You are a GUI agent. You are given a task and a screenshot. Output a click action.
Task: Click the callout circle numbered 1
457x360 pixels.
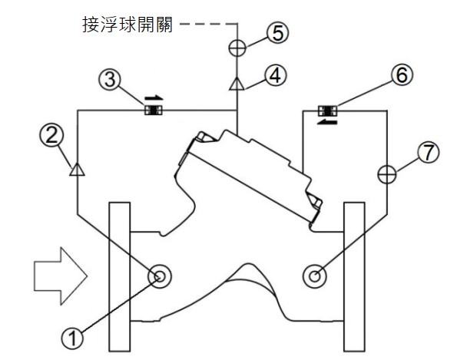[72, 338]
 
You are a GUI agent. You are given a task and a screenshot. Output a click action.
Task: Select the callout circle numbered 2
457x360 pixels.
[51, 135]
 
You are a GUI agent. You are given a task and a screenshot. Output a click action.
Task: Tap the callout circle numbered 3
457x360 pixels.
[110, 80]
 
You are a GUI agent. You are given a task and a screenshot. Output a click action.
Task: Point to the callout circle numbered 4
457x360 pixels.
[276, 76]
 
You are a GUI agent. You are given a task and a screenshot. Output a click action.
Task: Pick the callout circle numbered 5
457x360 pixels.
[278, 32]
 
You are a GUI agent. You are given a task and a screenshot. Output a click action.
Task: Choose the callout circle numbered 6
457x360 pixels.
[402, 74]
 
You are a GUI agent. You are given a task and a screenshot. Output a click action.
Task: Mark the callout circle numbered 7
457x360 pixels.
[428, 152]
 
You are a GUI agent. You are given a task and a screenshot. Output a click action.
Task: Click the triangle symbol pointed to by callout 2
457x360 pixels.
[78, 170]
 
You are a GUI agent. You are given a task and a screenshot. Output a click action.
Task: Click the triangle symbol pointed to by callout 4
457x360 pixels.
[237, 84]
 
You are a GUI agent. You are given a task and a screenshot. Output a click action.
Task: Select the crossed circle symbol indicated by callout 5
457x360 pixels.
[237, 48]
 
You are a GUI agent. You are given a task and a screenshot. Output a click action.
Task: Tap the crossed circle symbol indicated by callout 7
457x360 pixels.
[387, 175]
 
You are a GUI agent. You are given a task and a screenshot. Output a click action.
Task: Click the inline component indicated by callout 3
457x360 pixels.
[154, 111]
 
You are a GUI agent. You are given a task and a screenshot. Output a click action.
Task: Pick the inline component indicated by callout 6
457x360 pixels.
[328, 111]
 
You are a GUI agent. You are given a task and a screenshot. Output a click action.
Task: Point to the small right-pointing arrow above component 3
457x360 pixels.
[154, 97]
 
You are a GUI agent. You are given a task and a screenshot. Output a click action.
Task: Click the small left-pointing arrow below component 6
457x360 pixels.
[327, 122]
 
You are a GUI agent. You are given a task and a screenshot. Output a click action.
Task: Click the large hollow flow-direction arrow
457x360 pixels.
[61, 276]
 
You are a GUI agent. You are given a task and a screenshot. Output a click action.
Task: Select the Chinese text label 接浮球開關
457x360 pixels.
[127, 25]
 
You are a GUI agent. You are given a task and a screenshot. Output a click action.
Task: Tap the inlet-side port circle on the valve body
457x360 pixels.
[160, 276]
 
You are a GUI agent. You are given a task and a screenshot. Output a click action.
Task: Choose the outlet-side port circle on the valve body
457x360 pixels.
[315, 276]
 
